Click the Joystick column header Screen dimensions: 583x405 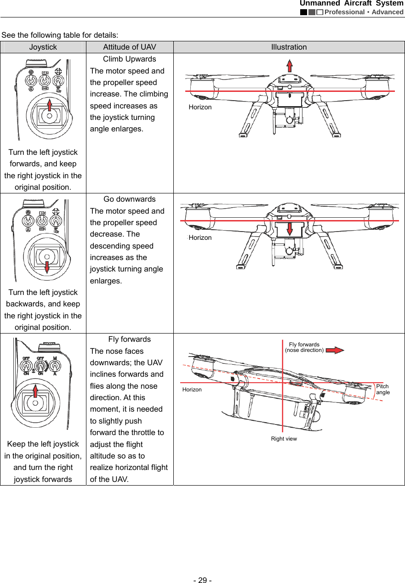click(x=43, y=47)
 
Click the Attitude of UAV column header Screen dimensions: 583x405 click(x=129, y=47)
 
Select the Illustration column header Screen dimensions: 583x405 click(x=289, y=47)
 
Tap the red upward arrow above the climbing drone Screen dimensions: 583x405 click(x=290, y=66)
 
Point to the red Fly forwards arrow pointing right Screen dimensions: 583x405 click(x=337, y=350)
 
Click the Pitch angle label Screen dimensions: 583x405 click(x=382, y=389)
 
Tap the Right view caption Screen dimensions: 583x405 click(x=284, y=439)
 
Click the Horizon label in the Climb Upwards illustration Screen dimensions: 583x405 click(x=200, y=107)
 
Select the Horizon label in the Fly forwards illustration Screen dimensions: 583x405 click(x=192, y=390)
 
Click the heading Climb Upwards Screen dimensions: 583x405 click(x=129, y=59)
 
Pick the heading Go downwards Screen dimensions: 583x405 click(x=129, y=199)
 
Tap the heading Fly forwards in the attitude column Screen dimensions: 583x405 click(x=129, y=340)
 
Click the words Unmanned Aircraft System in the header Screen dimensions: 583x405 click(x=351, y=4)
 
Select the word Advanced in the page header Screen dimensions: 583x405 click(x=388, y=12)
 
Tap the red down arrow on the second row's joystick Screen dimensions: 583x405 click(x=46, y=266)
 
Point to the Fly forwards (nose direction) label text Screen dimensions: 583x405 click(x=304, y=347)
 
